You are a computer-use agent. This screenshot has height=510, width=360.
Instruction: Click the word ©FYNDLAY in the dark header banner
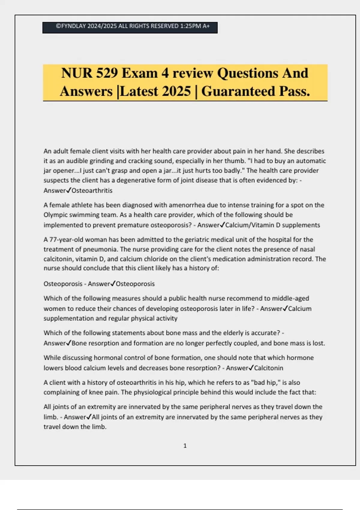tap(71, 26)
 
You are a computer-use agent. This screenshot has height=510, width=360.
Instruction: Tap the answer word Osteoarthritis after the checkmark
tap(92, 190)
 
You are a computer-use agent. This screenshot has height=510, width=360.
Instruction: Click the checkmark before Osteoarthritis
tap(69, 190)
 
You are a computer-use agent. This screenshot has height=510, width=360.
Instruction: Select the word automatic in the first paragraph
tap(311, 161)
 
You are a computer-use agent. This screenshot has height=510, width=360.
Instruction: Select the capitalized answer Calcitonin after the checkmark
tap(268, 368)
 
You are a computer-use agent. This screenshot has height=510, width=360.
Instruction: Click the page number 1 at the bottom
tap(185, 446)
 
